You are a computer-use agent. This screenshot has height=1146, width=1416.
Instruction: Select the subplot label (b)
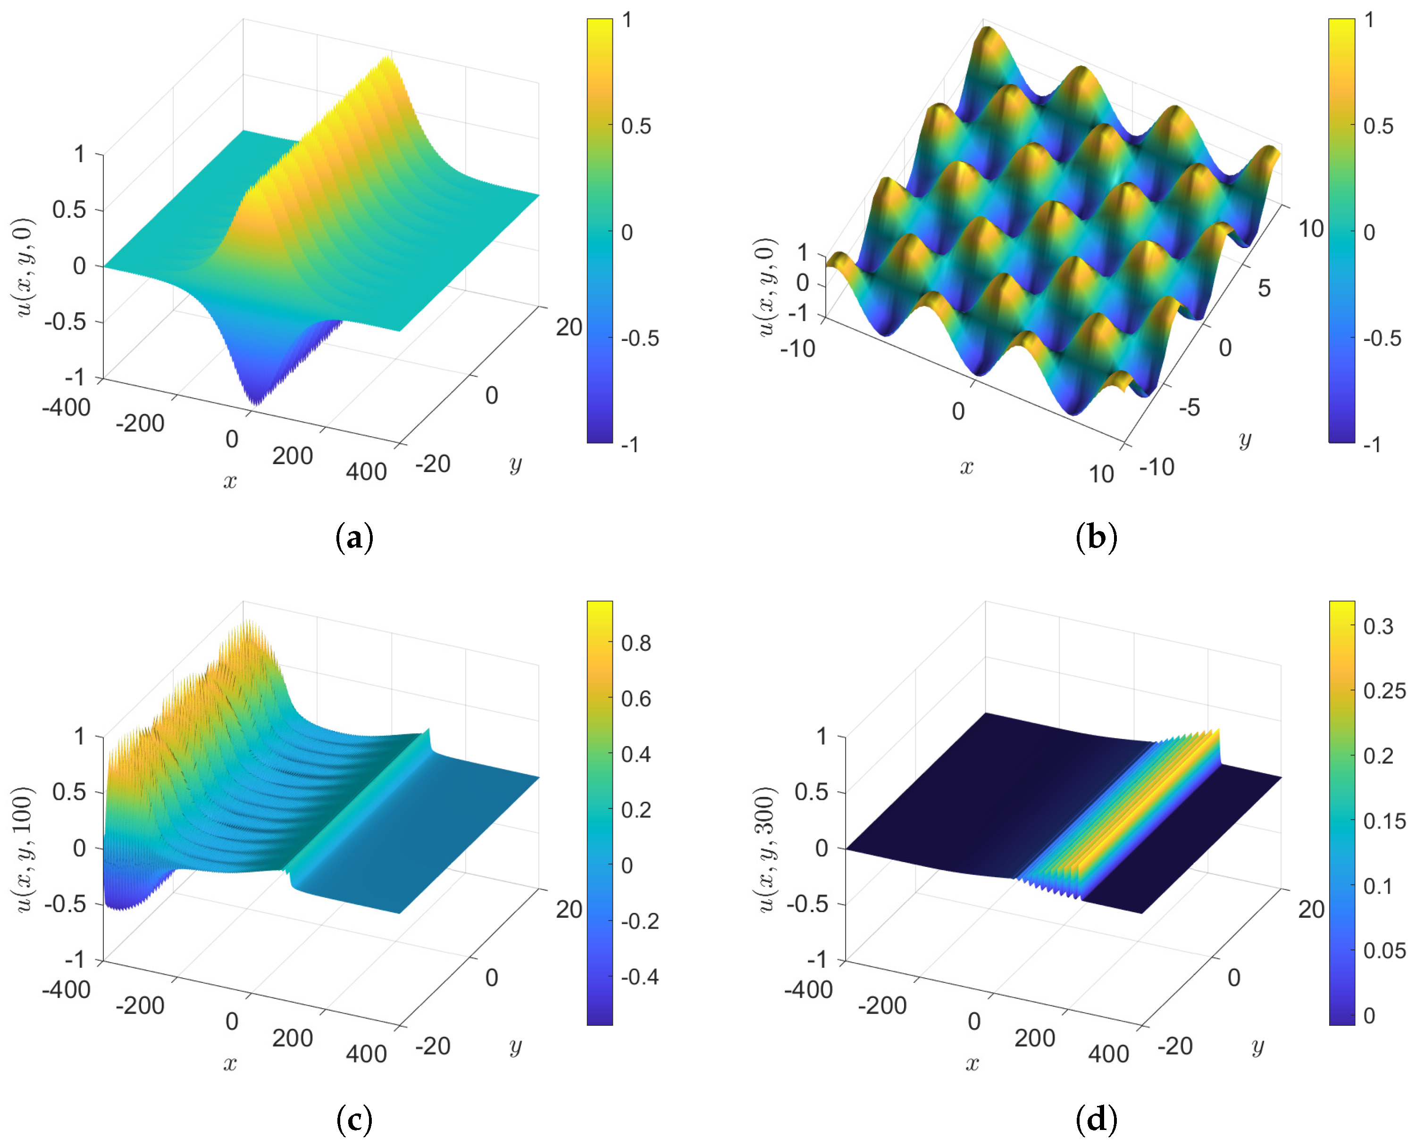pyautogui.click(x=1097, y=537)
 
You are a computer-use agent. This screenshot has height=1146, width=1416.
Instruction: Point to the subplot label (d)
pyautogui.click(x=1097, y=1120)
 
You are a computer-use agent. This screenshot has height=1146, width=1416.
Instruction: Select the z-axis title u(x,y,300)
pyautogui.click(x=765, y=849)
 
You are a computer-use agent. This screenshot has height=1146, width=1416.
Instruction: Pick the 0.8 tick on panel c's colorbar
pyautogui.click(x=636, y=643)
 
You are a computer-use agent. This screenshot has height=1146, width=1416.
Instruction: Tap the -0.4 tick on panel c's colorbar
pyautogui.click(x=639, y=976)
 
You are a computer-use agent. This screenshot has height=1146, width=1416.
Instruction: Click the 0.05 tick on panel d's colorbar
pyautogui.click(x=1384, y=951)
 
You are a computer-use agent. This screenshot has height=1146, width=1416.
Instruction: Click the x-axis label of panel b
pyautogui.click(x=966, y=467)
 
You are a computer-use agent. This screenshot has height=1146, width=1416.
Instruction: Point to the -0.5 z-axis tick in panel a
pyautogui.click(x=65, y=322)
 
